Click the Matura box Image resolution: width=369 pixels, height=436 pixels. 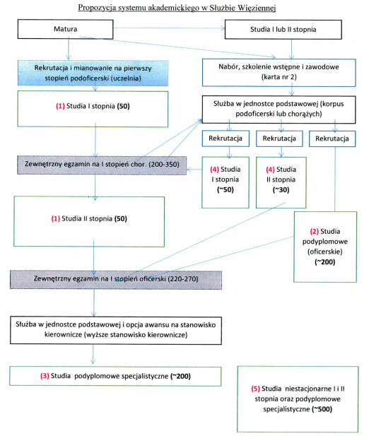point(65,29)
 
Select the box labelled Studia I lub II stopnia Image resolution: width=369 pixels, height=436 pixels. point(283,29)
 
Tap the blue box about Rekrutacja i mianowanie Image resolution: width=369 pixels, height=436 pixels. point(93,73)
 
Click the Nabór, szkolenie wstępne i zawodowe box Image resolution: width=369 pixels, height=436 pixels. point(279,72)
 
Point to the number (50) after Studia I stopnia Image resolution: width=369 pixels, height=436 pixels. point(124,106)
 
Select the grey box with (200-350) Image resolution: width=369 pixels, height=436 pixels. point(102,165)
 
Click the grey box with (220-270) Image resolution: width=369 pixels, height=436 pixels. point(116,280)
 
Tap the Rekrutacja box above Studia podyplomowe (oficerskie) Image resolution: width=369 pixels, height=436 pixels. point(332,139)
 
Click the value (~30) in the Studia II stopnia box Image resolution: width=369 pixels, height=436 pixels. point(281,190)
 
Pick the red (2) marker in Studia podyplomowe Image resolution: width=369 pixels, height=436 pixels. point(315,231)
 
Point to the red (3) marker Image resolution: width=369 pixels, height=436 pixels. point(45,376)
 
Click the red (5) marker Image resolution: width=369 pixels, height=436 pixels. point(256,389)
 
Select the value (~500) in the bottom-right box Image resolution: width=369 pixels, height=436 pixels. point(322,409)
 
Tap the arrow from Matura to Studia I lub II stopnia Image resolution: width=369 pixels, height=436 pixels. point(169,28)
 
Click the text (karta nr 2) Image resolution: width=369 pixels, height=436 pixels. point(279,77)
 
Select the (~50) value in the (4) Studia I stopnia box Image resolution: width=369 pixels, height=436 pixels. point(225,190)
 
